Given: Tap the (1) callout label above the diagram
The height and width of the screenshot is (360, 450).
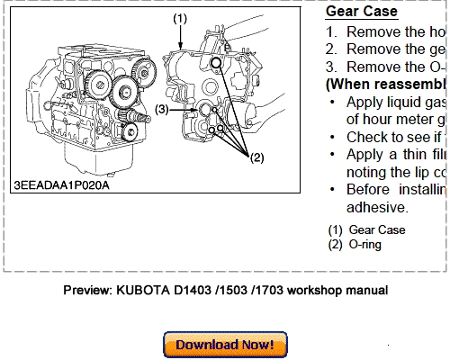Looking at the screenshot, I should click(x=181, y=17).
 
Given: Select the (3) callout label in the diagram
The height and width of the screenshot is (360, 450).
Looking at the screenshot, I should click(x=161, y=109).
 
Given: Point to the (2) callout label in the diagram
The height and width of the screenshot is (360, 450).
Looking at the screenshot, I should click(x=256, y=157).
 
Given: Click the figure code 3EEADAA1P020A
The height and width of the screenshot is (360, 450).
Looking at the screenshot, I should click(x=61, y=185).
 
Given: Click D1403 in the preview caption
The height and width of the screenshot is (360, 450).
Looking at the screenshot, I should click(x=210, y=291).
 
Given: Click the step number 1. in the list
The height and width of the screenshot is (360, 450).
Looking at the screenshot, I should click(x=331, y=31).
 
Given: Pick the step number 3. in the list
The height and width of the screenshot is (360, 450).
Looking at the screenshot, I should click(x=331, y=66).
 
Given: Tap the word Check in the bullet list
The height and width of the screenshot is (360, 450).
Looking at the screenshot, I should click(x=369, y=136).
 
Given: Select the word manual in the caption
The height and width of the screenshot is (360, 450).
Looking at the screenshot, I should click(x=367, y=291).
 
